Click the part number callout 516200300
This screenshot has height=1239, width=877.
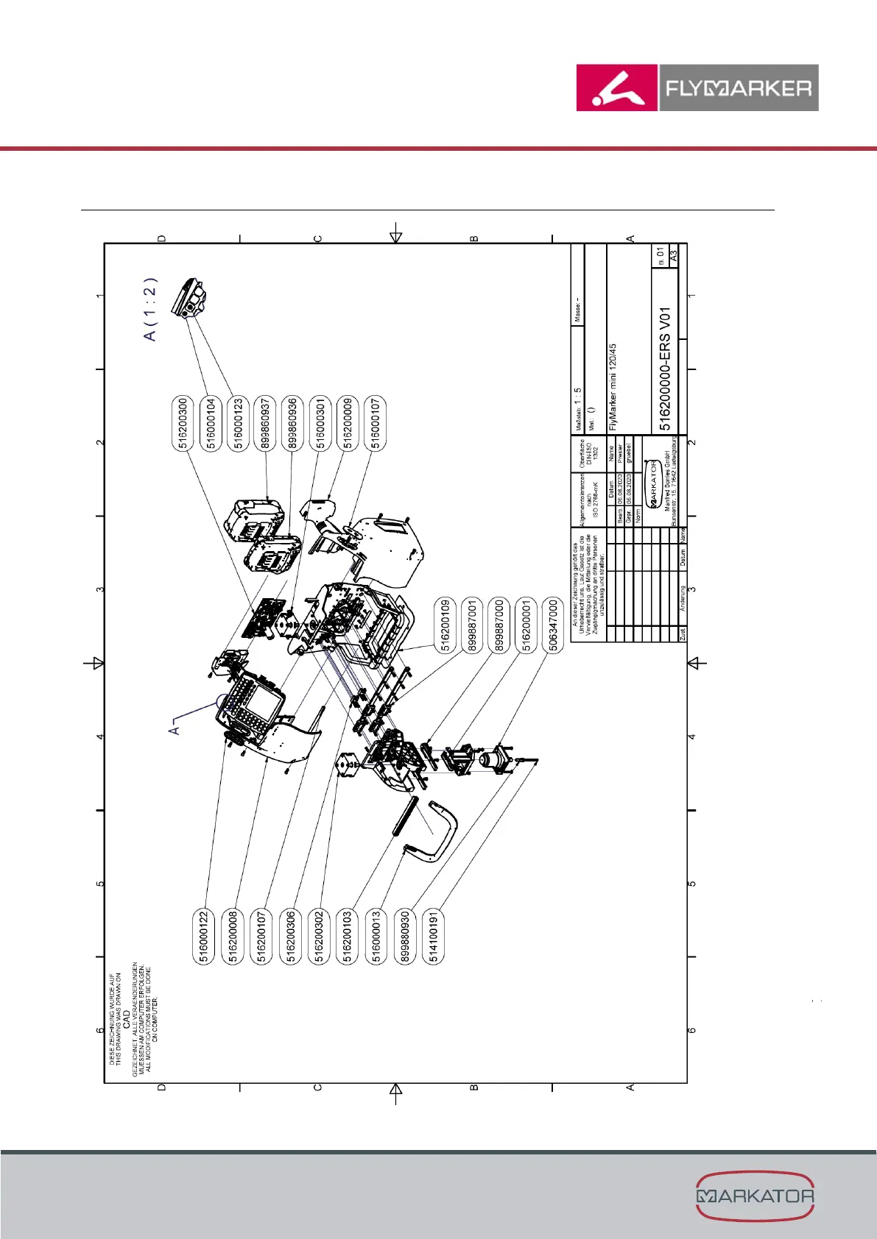coord(183,424)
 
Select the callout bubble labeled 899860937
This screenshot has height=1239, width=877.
coord(265,424)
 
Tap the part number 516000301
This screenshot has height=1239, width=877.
coord(320,424)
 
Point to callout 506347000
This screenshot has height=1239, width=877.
coord(554,625)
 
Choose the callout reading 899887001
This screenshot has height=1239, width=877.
coord(473,625)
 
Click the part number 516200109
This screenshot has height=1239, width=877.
coord(445,625)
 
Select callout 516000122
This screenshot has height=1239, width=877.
coord(205,936)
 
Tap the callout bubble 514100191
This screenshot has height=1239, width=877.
coord(434,936)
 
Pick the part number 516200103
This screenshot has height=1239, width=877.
coord(348,936)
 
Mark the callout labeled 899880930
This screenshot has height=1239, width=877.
coord(406,936)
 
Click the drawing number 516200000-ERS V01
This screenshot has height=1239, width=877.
coord(665,369)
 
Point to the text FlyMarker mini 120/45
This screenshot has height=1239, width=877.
coord(613,387)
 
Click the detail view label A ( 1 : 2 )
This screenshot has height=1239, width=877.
coord(150,310)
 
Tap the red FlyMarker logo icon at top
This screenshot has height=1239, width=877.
coord(617,88)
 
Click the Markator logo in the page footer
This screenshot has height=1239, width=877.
coord(755,1196)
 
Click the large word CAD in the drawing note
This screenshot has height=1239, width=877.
coord(126,1019)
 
